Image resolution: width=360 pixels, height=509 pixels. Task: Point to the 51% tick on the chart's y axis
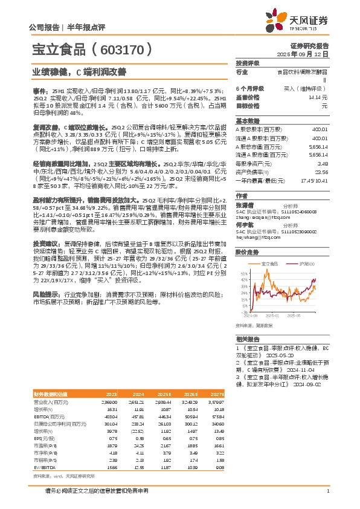point(244,273)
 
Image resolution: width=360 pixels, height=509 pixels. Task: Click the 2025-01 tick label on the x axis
point(269,315)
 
